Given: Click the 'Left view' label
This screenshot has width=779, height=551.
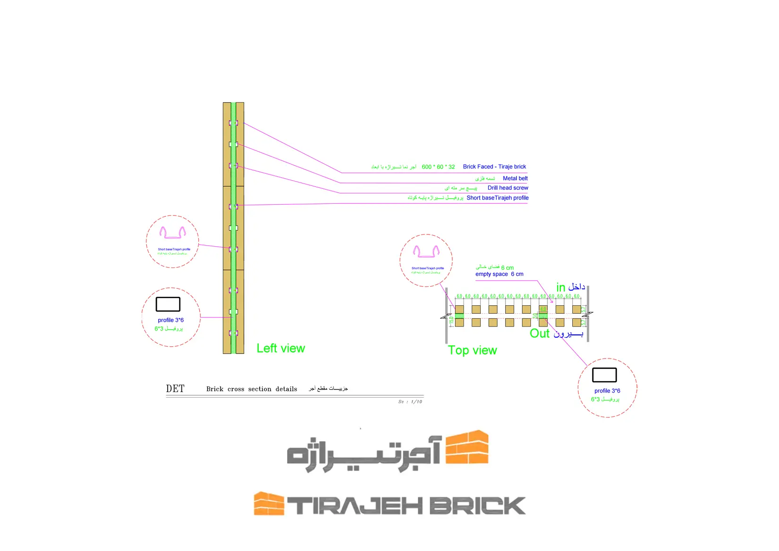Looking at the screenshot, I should [280, 349].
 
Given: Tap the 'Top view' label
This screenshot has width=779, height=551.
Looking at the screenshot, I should [472, 351].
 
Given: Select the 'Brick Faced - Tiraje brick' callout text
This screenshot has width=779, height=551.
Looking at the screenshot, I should [494, 167].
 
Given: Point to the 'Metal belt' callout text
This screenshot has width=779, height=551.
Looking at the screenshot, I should [515, 178].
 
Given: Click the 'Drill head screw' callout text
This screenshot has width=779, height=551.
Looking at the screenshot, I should [508, 188].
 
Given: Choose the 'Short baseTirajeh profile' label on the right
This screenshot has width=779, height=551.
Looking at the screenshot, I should [497, 198].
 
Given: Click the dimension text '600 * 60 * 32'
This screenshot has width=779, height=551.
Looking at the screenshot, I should [438, 167].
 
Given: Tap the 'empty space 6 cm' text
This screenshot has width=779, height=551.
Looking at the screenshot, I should [499, 274].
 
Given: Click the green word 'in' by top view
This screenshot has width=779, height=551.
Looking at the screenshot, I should [560, 287].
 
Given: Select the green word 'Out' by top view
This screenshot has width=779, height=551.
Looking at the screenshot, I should [540, 334].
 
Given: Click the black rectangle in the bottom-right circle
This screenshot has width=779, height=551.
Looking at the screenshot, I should [604, 375].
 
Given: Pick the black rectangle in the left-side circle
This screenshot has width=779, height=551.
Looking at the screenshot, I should [168, 304].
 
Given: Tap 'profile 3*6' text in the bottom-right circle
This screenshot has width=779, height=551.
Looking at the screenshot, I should [607, 391].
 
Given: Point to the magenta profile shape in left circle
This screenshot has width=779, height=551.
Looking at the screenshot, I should [172, 233].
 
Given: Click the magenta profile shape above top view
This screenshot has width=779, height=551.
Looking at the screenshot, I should [426, 251].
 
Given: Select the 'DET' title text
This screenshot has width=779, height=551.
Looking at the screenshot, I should [175, 389].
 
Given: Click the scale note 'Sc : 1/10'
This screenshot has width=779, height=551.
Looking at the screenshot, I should [410, 402].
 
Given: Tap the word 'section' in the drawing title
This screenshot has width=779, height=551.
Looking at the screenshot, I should [260, 389].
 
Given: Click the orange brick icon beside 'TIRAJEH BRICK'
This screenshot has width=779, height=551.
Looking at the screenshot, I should [269, 504].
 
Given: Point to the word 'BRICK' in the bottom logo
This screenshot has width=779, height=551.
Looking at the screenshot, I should [477, 506].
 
